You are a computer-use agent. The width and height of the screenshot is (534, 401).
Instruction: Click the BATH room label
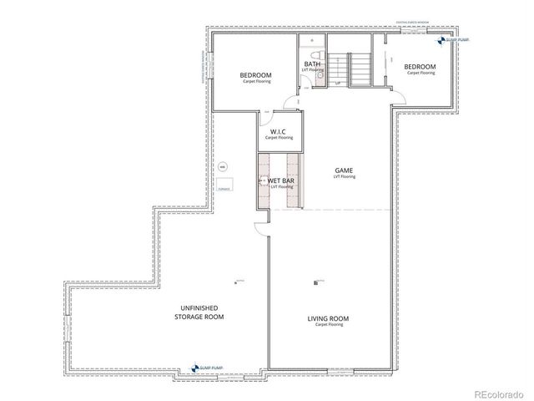tap(312, 64)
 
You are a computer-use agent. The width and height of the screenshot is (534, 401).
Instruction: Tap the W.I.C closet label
tap(278, 132)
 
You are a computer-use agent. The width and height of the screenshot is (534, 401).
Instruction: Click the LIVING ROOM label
tap(328, 319)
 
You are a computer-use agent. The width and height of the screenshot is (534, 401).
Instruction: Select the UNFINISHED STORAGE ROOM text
tap(199, 312)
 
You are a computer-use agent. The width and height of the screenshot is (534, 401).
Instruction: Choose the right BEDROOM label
tap(421, 67)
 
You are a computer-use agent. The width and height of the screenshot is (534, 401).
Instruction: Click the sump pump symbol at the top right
tap(441, 40)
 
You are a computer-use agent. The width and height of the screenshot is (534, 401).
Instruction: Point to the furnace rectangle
tap(224, 185)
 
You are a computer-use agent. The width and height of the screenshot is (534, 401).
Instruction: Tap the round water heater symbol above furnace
tap(222, 166)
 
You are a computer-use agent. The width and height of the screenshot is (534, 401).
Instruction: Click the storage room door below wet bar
tap(261, 217)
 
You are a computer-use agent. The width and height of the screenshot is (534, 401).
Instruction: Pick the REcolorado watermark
tap(499, 393)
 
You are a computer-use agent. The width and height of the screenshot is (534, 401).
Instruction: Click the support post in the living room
tap(317, 283)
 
